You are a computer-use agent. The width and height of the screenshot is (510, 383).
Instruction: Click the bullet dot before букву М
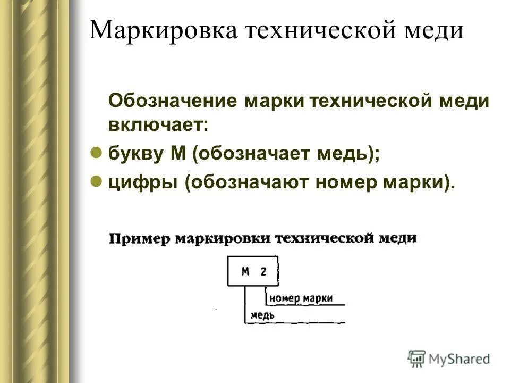(96, 152)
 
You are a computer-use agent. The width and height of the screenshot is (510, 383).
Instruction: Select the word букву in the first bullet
(136, 154)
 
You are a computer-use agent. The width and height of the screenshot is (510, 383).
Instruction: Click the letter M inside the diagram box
(245, 271)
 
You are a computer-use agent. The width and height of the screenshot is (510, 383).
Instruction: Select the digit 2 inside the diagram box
(263, 271)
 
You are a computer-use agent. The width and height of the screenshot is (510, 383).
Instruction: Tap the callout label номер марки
(301, 298)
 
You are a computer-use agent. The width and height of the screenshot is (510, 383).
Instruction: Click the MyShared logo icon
(416, 358)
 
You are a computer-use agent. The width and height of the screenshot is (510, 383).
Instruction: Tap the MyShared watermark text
(460, 359)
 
